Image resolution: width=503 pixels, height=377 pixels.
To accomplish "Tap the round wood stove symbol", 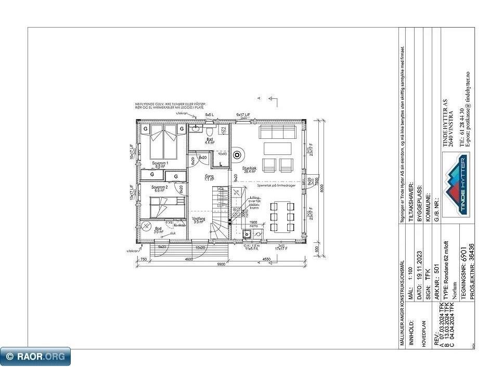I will pyautogui.click(x=238, y=154).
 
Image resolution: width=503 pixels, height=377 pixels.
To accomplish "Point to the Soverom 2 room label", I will pyautogui.click(x=159, y=188).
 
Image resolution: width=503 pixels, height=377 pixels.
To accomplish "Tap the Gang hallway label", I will pyautogui.click(x=210, y=178).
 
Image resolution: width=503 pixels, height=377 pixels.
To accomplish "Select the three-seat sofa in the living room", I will pyautogui.click(x=278, y=132).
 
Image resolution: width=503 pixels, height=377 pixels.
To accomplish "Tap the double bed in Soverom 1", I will pyautogui.click(x=163, y=143).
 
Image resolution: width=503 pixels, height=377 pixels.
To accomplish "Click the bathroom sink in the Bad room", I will pyautogui.click(x=196, y=127).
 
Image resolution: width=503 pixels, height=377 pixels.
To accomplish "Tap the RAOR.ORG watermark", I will pyautogui.click(x=35, y=356).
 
